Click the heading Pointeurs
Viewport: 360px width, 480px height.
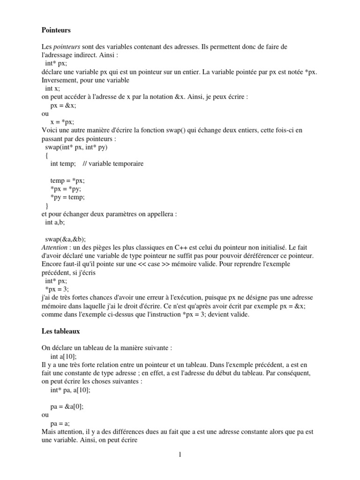[56, 30]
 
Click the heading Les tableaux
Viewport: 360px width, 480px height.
[61, 331]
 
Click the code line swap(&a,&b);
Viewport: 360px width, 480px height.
[65, 238]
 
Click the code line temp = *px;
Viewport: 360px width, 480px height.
[67, 180]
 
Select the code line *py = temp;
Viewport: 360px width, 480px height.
[67, 197]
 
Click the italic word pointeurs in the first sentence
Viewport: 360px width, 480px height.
[67, 47]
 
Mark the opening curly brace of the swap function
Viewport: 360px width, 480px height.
[46, 155]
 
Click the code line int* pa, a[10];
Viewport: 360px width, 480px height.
[70, 390]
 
